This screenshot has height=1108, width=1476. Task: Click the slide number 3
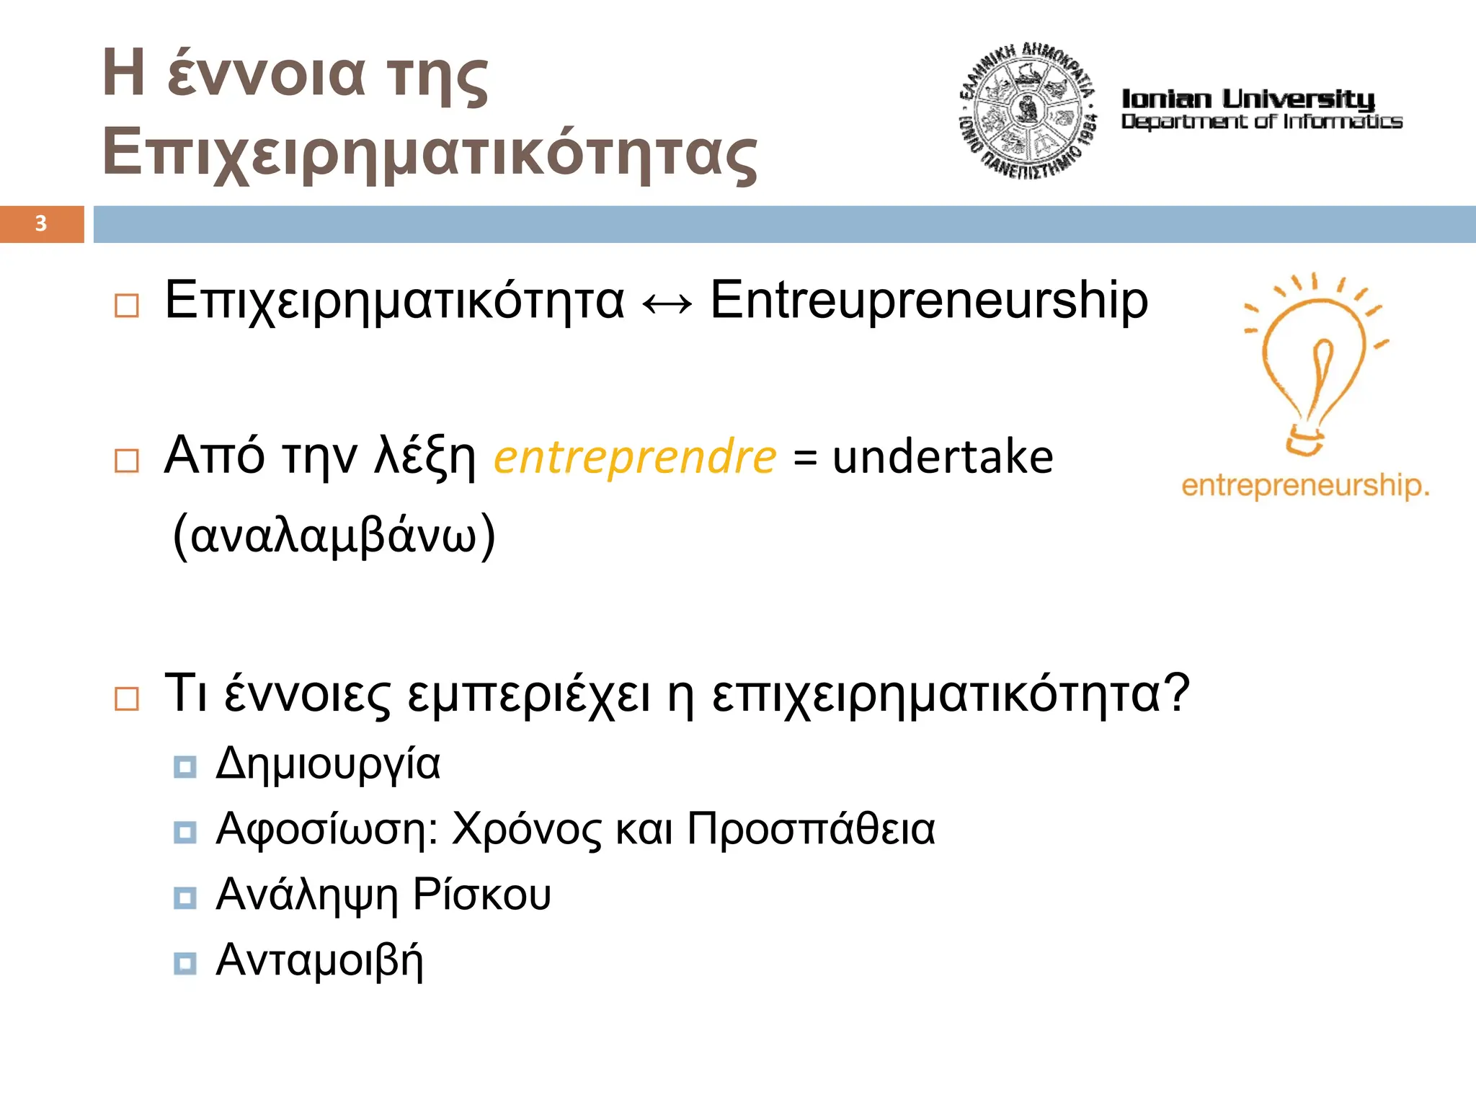pos(41,223)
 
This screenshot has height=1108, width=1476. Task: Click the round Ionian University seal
pos(1027,111)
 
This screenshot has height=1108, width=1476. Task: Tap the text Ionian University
pos(1248,99)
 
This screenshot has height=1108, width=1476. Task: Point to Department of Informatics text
pos(1261,122)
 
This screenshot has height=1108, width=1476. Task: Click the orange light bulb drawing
pos(1313,364)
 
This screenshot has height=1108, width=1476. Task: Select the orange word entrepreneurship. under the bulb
pos(1304,485)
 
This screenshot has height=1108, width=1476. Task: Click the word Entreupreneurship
pos(928,301)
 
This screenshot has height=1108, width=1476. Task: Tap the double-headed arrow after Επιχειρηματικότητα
pos(667,304)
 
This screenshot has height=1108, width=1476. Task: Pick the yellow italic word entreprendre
pos(635,457)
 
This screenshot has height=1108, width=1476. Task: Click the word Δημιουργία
pos(328,764)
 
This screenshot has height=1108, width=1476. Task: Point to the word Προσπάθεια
pos(811,829)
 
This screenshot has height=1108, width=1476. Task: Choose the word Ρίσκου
pos(481,895)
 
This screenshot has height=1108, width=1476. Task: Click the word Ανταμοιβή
pos(319,961)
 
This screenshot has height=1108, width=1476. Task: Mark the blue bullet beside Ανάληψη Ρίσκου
pos(185,898)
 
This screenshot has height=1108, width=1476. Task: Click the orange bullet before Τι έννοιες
pos(127,699)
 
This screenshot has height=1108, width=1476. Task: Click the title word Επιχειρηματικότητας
pos(430,154)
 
